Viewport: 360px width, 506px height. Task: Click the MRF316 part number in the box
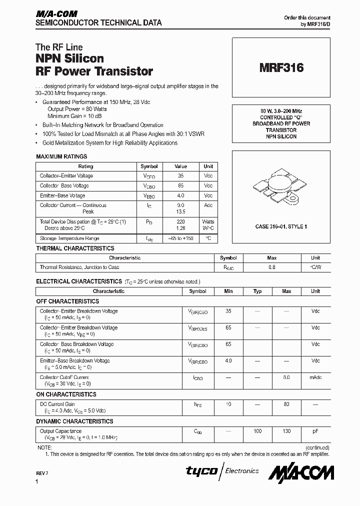[281, 68]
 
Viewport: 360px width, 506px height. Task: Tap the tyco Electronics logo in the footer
[222, 471]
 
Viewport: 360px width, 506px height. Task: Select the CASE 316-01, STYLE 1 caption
[281, 226]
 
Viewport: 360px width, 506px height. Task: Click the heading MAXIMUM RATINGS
[61, 156]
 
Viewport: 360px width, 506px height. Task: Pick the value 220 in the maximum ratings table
[180, 221]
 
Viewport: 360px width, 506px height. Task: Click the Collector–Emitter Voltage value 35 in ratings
[180, 176]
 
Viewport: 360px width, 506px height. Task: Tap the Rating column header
[85, 166]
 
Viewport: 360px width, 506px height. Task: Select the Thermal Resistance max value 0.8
[271, 267]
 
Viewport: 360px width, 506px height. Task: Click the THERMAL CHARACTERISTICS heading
[75, 248]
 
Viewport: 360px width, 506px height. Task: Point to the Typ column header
[257, 291]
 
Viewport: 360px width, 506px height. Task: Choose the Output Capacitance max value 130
[286, 431]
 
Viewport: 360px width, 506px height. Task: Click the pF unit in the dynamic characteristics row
[315, 431]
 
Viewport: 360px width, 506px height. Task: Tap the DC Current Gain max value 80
[286, 404]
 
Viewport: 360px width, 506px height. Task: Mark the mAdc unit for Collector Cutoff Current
[315, 377]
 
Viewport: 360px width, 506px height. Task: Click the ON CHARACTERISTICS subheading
[66, 394]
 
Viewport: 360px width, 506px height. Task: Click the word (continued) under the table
[316, 447]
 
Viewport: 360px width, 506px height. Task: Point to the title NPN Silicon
[70, 59]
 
